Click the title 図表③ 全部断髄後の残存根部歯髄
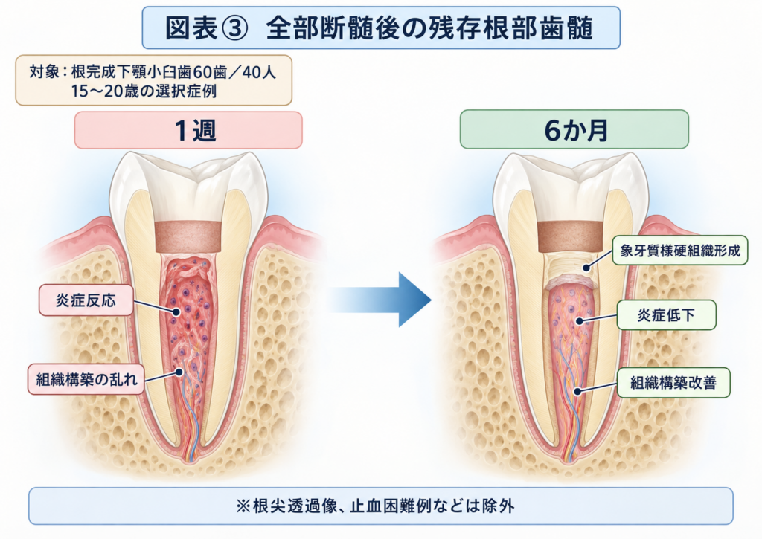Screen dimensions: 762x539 point(379,28)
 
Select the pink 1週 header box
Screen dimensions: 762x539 point(188,130)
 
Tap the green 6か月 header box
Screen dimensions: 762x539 point(574,129)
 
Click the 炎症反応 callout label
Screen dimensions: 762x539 point(86,300)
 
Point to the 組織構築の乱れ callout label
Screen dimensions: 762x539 point(86,378)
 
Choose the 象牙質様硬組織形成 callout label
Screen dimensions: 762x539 point(680,251)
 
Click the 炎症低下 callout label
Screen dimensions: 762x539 point(666,315)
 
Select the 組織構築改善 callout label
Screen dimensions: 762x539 point(673,383)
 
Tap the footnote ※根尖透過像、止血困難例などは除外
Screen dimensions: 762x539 point(375,506)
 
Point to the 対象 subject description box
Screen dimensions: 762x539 point(153,80)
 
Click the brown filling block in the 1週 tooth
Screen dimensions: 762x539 point(188,237)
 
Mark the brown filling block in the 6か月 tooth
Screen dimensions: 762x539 point(570,236)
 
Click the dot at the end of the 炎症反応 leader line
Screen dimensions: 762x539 point(176,312)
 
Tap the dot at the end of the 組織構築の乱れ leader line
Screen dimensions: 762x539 point(179,372)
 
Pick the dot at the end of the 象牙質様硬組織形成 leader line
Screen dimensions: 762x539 point(586,268)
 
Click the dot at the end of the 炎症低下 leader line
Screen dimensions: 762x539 point(579,321)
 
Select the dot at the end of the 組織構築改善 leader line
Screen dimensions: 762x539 point(577,391)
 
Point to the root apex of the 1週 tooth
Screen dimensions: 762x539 point(190,460)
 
